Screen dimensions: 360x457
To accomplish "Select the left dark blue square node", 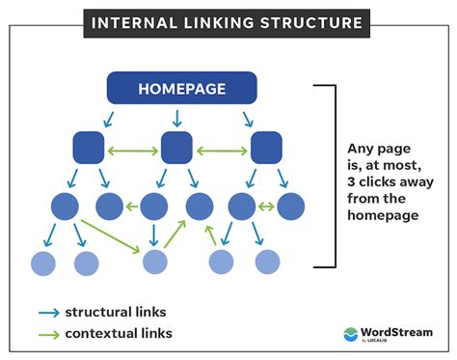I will tap(88, 148).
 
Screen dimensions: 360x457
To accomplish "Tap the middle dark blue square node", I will tap(176, 148).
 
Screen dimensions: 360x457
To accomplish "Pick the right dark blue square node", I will tap(265, 148).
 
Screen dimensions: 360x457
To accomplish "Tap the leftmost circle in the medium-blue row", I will tap(66, 206).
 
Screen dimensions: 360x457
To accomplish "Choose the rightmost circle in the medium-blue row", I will tap(289, 206).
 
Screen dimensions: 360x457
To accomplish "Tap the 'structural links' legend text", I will tap(116, 312).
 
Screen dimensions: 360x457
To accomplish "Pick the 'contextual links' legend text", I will tap(119, 334).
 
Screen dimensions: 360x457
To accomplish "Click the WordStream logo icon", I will tap(351, 334).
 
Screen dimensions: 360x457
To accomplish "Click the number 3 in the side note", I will tap(352, 199).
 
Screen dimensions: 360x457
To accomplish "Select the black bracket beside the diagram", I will tap(333, 175).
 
